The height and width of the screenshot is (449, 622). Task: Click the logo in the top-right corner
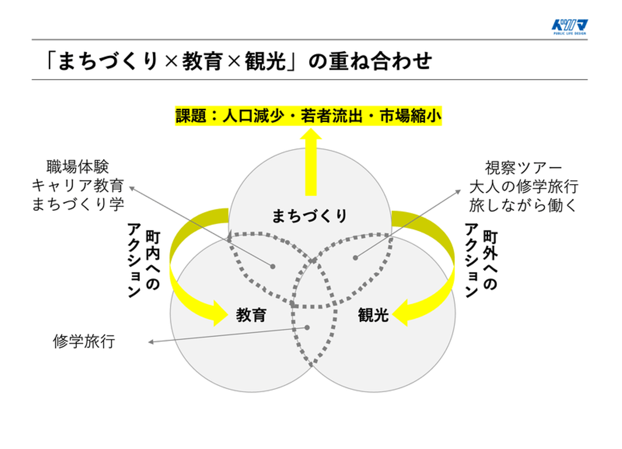click(x=569, y=27)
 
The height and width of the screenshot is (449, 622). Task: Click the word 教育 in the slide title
click(x=202, y=61)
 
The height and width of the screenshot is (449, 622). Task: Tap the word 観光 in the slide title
click(x=265, y=61)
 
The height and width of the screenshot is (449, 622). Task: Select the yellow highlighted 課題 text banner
click(x=308, y=116)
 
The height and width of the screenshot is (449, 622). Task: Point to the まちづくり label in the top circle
click(x=310, y=216)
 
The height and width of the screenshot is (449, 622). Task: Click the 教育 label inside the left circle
click(x=251, y=315)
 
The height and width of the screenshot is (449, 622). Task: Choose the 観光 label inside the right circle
click(x=373, y=315)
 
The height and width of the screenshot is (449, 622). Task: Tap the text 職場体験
click(x=78, y=166)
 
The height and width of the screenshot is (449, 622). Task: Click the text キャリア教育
click(x=78, y=185)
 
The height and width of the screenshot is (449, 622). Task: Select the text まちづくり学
click(x=78, y=204)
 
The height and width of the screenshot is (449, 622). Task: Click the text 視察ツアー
click(x=523, y=167)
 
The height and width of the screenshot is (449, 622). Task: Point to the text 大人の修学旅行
click(x=523, y=186)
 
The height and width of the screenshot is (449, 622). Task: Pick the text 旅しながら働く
click(x=523, y=205)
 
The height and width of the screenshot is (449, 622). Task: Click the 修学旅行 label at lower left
click(x=84, y=341)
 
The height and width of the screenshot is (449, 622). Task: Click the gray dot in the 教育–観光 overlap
click(x=307, y=328)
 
